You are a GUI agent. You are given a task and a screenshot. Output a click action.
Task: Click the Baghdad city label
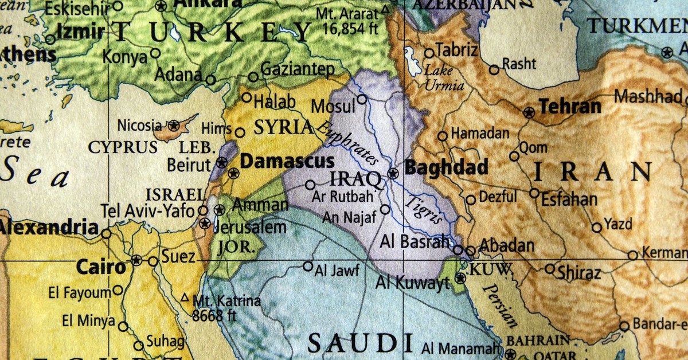446,167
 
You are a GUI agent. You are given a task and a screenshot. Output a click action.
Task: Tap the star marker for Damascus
233,173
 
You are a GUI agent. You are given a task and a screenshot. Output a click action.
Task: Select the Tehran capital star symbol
529,112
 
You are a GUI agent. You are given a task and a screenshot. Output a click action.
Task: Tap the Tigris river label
424,209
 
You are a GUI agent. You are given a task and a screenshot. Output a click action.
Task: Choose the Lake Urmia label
444,79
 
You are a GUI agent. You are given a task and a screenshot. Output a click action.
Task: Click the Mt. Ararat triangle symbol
385,10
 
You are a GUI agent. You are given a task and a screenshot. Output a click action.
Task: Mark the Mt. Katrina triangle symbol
185,298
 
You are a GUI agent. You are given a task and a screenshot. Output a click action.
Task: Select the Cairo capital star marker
136,260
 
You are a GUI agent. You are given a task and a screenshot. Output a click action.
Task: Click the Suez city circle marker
153,261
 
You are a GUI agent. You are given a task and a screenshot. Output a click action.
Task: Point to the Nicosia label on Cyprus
139,125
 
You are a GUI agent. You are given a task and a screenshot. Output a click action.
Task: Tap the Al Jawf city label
337,269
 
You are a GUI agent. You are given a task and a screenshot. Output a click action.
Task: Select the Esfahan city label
569,200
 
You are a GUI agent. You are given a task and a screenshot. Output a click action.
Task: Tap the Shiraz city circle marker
550,268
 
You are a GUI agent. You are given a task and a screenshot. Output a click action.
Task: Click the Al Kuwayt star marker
460,279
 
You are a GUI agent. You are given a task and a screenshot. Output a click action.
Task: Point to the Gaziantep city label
298,70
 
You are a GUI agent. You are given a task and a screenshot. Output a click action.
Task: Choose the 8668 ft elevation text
214,315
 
